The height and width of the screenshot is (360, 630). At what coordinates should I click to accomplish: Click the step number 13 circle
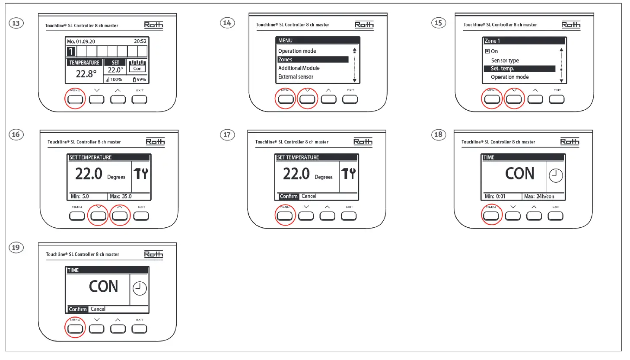click(x=16, y=23)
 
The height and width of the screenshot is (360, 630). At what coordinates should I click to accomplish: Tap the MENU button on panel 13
click(x=75, y=99)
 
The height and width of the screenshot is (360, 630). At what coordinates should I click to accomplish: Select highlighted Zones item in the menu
click(x=312, y=60)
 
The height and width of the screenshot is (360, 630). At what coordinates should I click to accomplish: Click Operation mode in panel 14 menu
click(x=297, y=51)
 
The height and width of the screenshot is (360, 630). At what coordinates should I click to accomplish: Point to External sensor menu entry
click(x=296, y=76)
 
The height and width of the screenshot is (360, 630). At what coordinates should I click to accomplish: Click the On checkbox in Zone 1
click(x=487, y=51)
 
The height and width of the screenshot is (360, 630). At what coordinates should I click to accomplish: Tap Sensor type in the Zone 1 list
click(x=505, y=61)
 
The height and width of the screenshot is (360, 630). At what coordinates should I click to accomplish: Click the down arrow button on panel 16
click(x=99, y=216)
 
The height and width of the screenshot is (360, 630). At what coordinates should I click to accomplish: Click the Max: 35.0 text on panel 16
click(x=121, y=196)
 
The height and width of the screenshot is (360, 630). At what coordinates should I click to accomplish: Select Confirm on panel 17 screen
click(x=288, y=196)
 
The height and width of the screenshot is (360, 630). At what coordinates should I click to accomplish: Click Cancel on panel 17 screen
click(x=309, y=196)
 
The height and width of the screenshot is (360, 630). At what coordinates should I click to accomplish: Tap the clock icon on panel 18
click(x=556, y=175)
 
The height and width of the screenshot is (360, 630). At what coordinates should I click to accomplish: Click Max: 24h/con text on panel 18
click(x=539, y=196)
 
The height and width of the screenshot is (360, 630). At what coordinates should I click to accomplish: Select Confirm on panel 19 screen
click(x=78, y=309)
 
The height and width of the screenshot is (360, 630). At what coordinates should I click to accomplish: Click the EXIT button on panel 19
click(x=139, y=329)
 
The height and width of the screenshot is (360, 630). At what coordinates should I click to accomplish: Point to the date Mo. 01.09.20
click(x=81, y=41)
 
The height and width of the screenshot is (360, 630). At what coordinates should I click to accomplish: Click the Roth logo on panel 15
click(x=571, y=25)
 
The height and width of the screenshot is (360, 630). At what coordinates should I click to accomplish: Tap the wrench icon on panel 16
click(x=141, y=174)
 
